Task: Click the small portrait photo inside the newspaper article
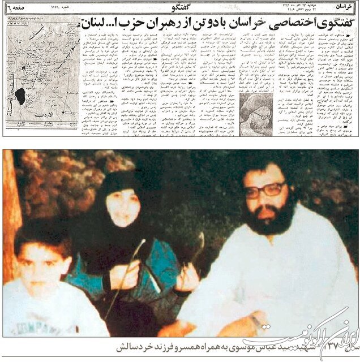click(255, 115)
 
